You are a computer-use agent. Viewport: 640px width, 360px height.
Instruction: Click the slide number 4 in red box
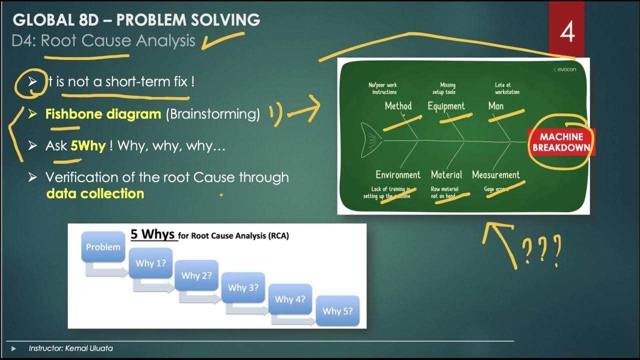[x=567, y=32]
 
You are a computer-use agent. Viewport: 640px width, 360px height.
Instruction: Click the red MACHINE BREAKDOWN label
[x=561, y=142]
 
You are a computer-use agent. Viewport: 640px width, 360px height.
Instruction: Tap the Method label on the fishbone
[x=398, y=106]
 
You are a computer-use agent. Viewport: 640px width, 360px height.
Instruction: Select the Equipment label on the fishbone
[x=446, y=106]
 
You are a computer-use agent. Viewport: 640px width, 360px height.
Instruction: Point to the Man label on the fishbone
[x=495, y=106]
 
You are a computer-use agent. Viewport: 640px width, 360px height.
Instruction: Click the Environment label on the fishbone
[x=398, y=175]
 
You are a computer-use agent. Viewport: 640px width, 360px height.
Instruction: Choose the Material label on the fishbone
[x=446, y=175]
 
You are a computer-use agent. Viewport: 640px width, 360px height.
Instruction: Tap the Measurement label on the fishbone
[x=495, y=175]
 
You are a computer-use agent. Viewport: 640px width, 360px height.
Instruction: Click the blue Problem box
[x=103, y=247]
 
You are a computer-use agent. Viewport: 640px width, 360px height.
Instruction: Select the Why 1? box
[x=150, y=263]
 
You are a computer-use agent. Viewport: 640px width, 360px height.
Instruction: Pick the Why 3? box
[x=243, y=287]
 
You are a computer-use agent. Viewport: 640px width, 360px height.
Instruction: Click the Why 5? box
[x=337, y=310]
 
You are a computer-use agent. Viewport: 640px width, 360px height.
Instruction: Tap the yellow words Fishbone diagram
[x=103, y=114]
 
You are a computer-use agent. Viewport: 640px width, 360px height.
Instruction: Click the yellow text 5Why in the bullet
[x=88, y=146]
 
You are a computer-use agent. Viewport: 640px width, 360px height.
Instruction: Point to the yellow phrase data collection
[x=95, y=193]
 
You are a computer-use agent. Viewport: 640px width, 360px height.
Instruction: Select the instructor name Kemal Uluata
[x=89, y=348]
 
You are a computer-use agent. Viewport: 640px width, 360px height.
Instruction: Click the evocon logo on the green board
[x=566, y=69]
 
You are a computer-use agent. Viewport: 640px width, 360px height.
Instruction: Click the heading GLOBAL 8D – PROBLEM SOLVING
[x=136, y=20]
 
